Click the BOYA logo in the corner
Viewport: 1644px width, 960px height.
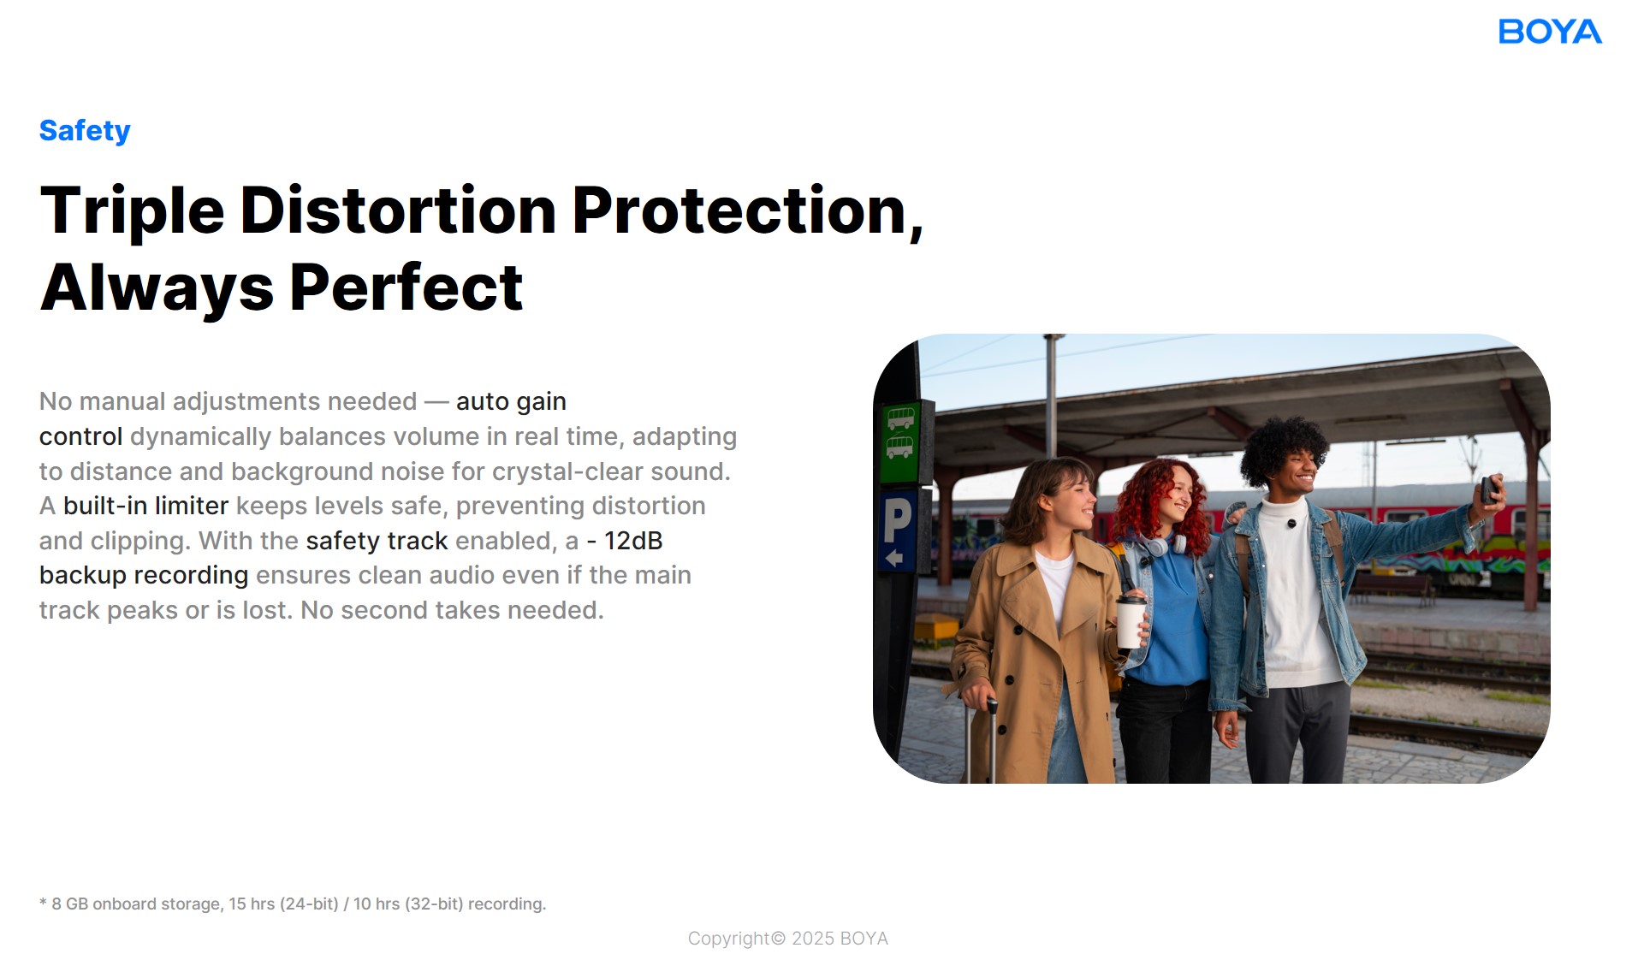[x=1550, y=32]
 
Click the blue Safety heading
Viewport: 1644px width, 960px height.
[x=85, y=131]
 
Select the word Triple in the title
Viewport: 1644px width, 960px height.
[x=133, y=211]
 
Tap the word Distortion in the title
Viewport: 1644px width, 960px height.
[x=398, y=210]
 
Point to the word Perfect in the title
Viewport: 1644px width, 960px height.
[x=407, y=287]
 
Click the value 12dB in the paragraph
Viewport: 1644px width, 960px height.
[x=633, y=541]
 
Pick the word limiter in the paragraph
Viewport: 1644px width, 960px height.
[x=192, y=506]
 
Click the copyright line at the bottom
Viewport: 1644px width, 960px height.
[x=788, y=939]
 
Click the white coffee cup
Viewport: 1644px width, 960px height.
[x=1131, y=621]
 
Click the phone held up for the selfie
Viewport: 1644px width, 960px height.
[x=1489, y=489]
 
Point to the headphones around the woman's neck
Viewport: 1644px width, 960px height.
[x=1163, y=542]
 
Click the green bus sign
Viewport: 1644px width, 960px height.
[x=900, y=443]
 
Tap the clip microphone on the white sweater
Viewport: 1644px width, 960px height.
[x=1291, y=523]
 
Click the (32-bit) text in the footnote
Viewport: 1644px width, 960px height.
[x=434, y=904]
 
